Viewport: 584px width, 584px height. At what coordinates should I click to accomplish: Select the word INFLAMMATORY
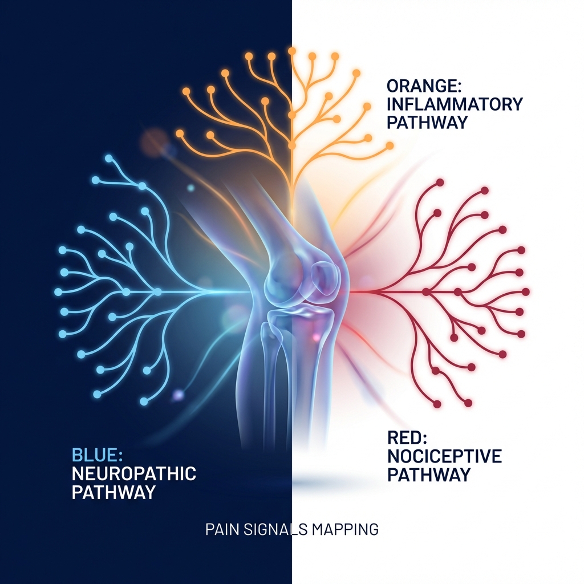[455, 104]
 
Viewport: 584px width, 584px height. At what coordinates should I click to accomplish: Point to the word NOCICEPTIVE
[444, 456]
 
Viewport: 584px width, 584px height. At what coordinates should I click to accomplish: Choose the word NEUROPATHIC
[134, 473]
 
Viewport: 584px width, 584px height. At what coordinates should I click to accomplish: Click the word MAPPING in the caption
[345, 529]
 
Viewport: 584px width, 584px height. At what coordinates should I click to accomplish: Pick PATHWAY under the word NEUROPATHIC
[114, 492]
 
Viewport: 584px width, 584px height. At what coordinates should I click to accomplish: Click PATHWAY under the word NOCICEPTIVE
[429, 474]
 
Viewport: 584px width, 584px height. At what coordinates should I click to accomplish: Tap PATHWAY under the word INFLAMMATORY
[427, 122]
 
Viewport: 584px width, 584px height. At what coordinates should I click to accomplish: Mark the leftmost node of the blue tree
[58, 291]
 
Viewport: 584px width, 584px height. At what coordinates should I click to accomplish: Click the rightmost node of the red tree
[526, 291]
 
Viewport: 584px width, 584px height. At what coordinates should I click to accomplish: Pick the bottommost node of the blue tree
[143, 402]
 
